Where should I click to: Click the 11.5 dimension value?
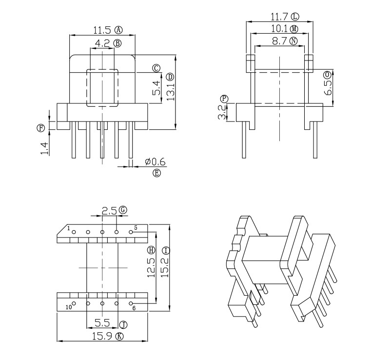coord(102,30)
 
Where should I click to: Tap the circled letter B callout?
coord(117,43)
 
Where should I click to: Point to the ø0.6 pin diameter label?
coord(155,162)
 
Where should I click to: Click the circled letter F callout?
coord(40,128)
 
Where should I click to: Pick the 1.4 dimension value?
coord(44,148)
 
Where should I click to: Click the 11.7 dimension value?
coord(279,17)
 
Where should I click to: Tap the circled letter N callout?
coord(294,41)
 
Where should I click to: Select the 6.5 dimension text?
coord(328,87)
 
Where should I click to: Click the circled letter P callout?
coord(225,99)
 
